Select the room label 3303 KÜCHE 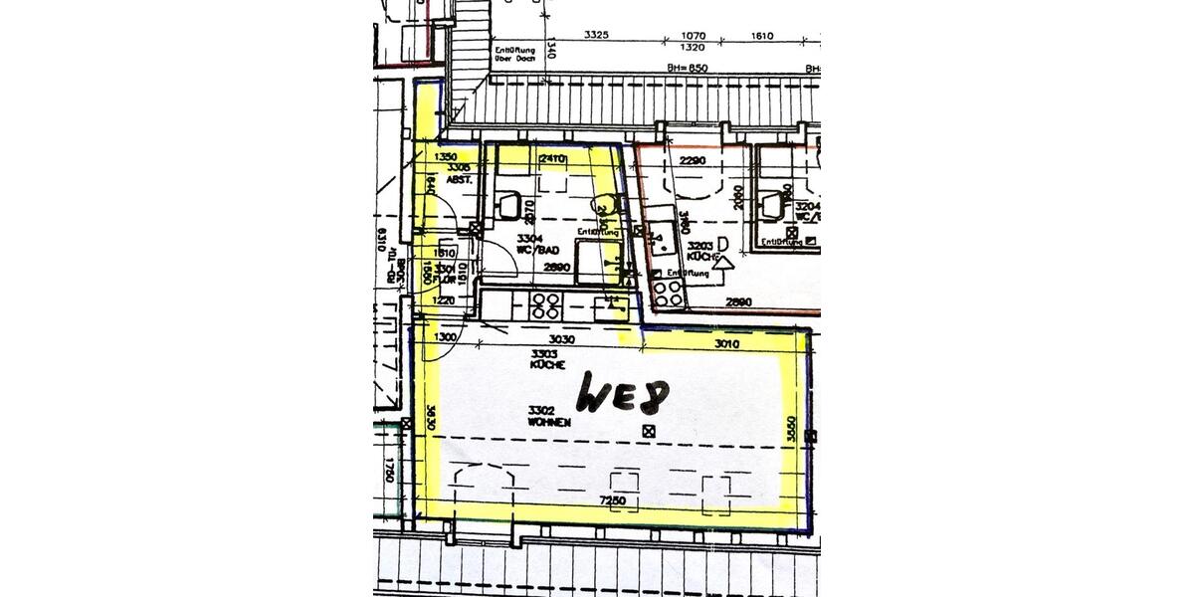(548, 359)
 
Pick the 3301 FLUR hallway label (444, 274)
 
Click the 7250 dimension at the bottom (612, 498)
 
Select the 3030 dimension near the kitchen (563, 339)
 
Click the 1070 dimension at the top (693, 36)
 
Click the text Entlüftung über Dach (514, 53)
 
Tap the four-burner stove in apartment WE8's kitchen (545, 304)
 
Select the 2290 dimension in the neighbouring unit (693, 160)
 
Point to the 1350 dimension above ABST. (445, 157)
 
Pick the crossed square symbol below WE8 (649, 431)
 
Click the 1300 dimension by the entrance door (445, 338)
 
